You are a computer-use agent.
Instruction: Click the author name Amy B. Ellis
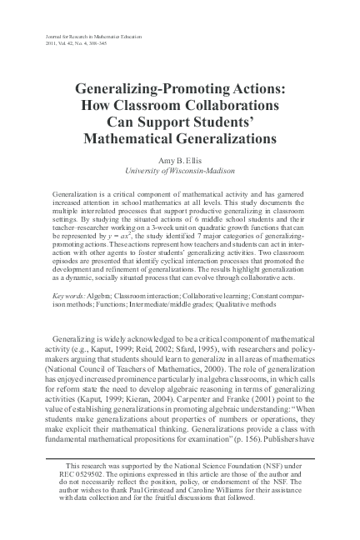tap(180, 158)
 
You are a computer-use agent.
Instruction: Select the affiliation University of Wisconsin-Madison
tap(180, 170)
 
